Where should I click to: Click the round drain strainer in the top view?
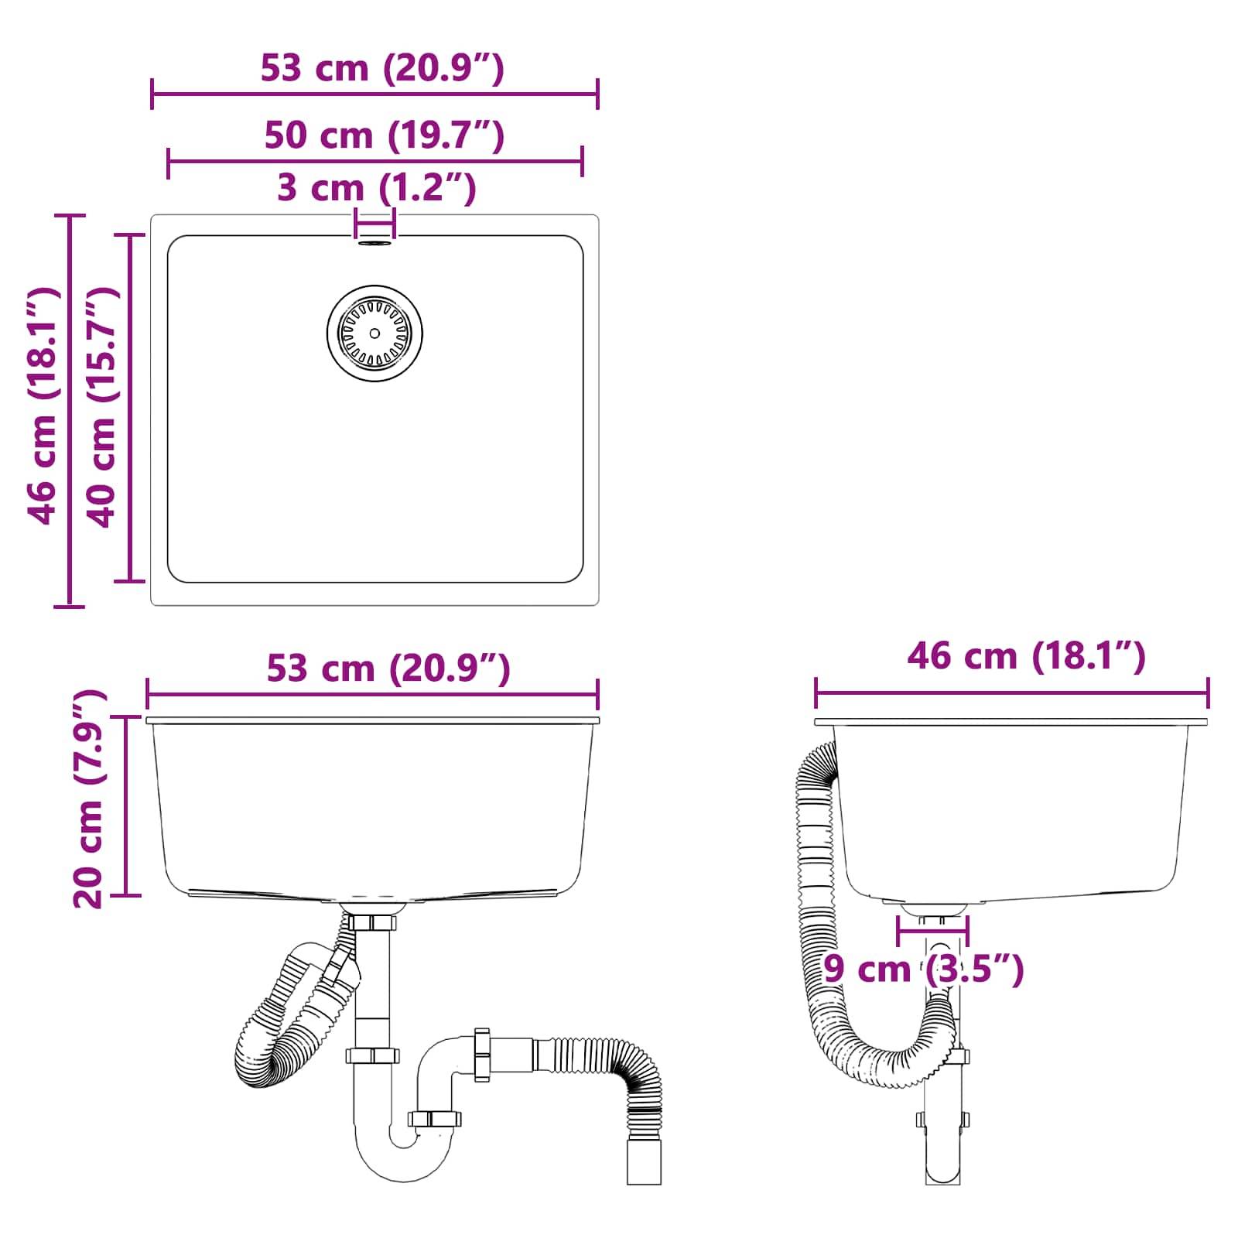coord(374,333)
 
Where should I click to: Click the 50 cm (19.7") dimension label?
coord(384,135)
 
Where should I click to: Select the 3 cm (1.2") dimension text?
coord(376,188)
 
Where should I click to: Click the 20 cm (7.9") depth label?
coord(87,799)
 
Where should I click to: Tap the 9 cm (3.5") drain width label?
coord(923,969)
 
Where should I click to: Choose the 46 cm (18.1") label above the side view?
coord(1025,656)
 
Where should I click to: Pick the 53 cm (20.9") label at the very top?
coord(382,68)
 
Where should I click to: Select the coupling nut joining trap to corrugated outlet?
coord(482,1055)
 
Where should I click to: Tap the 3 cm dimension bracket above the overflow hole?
coord(374,224)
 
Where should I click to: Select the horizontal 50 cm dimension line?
coord(374,162)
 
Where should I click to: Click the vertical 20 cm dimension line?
coord(126,805)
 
